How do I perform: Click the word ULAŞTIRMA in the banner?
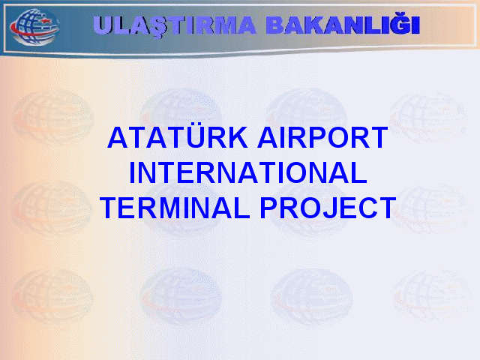[x=174, y=25]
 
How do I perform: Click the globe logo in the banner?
[x=34, y=27]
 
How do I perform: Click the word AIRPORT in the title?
[x=322, y=137]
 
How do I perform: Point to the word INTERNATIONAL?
[x=248, y=173]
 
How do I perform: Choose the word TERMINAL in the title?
[x=175, y=208]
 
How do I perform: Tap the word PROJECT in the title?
[x=328, y=208]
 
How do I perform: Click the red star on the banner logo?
[x=45, y=21]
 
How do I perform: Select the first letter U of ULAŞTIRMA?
[x=103, y=25]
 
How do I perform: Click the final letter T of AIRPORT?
[x=378, y=137]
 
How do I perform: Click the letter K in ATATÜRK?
[x=237, y=137]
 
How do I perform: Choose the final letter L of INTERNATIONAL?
[x=358, y=173]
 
